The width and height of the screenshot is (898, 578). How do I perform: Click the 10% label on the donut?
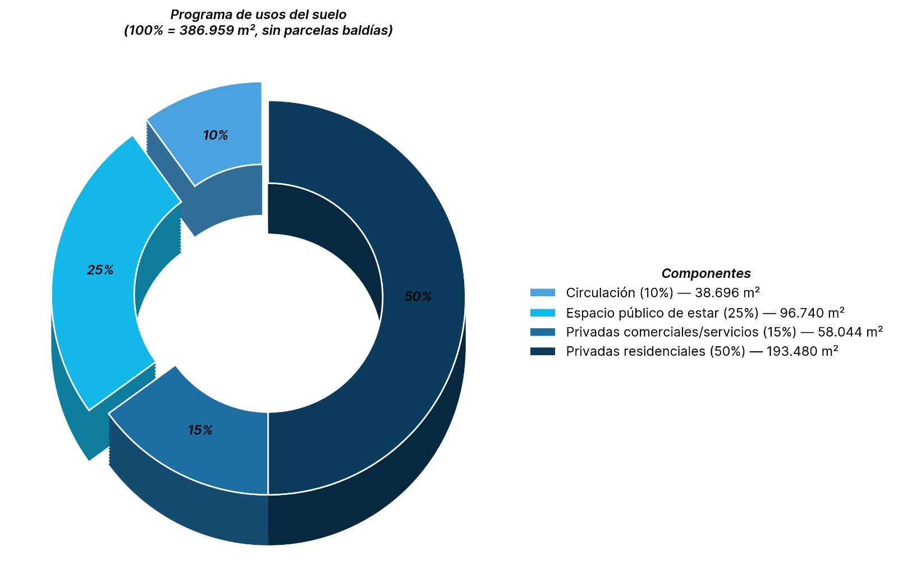tap(216, 135)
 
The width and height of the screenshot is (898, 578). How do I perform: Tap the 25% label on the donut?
tap(100, 270)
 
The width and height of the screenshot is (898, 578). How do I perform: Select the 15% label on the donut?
tap(200, 430)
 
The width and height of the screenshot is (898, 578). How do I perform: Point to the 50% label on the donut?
tap(418, 297)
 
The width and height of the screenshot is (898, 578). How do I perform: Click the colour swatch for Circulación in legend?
tap(542, 292)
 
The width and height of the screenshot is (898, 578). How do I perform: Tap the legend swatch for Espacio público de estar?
tap(542, 313)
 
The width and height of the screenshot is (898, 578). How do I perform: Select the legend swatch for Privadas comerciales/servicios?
tap(542, 332)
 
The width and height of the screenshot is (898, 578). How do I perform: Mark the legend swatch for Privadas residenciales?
tap(542, 351)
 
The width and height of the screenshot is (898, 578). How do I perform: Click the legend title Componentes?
tap(705, 273)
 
